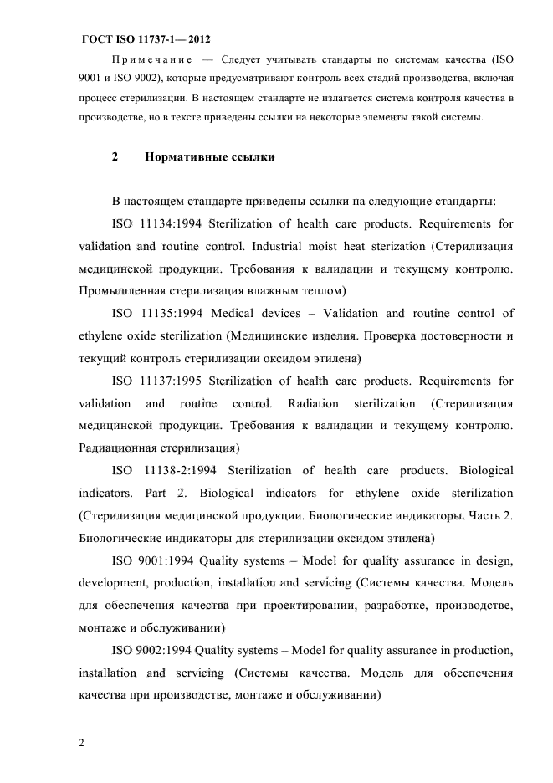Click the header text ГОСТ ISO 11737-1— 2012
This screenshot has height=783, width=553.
pos(146,39)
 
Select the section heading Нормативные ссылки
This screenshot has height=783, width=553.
pos(210,156)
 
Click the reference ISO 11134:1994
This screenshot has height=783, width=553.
pos(157,223)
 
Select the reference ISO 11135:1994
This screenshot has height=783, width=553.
pos(157,314)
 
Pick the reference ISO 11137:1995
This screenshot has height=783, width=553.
pos(157,381)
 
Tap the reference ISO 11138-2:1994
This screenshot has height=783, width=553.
pos(163,471)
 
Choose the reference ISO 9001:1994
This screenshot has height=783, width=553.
pos(154,560)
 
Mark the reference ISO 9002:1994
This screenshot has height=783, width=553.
pos(154,650)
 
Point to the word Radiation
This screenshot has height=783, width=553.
pos(315,403)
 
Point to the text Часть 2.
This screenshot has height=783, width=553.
pos(491,515)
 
